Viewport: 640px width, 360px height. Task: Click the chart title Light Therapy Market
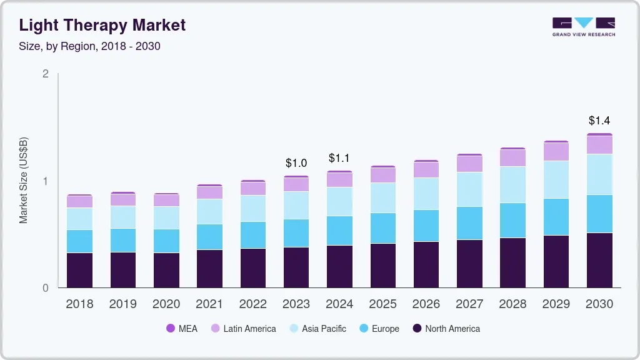102,25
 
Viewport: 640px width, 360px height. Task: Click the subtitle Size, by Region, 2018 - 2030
90,46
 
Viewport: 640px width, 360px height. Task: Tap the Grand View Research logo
583,26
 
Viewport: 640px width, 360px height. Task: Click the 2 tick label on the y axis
46,74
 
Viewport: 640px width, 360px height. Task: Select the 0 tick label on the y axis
46,288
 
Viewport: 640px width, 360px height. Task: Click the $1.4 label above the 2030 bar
599,121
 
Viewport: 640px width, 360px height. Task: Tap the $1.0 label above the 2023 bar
296,163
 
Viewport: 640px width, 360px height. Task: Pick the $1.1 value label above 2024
339,158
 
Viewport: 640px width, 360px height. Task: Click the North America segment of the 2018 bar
79,270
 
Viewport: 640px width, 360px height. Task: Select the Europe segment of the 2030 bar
599,214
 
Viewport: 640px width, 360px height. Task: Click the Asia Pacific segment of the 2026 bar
426,194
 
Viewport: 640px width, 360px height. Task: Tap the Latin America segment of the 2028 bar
513,158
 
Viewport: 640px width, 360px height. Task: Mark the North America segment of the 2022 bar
252,268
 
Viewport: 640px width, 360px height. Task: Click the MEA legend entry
182,328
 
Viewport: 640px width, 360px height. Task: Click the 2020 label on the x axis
166,304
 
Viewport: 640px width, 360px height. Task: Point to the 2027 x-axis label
469,304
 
